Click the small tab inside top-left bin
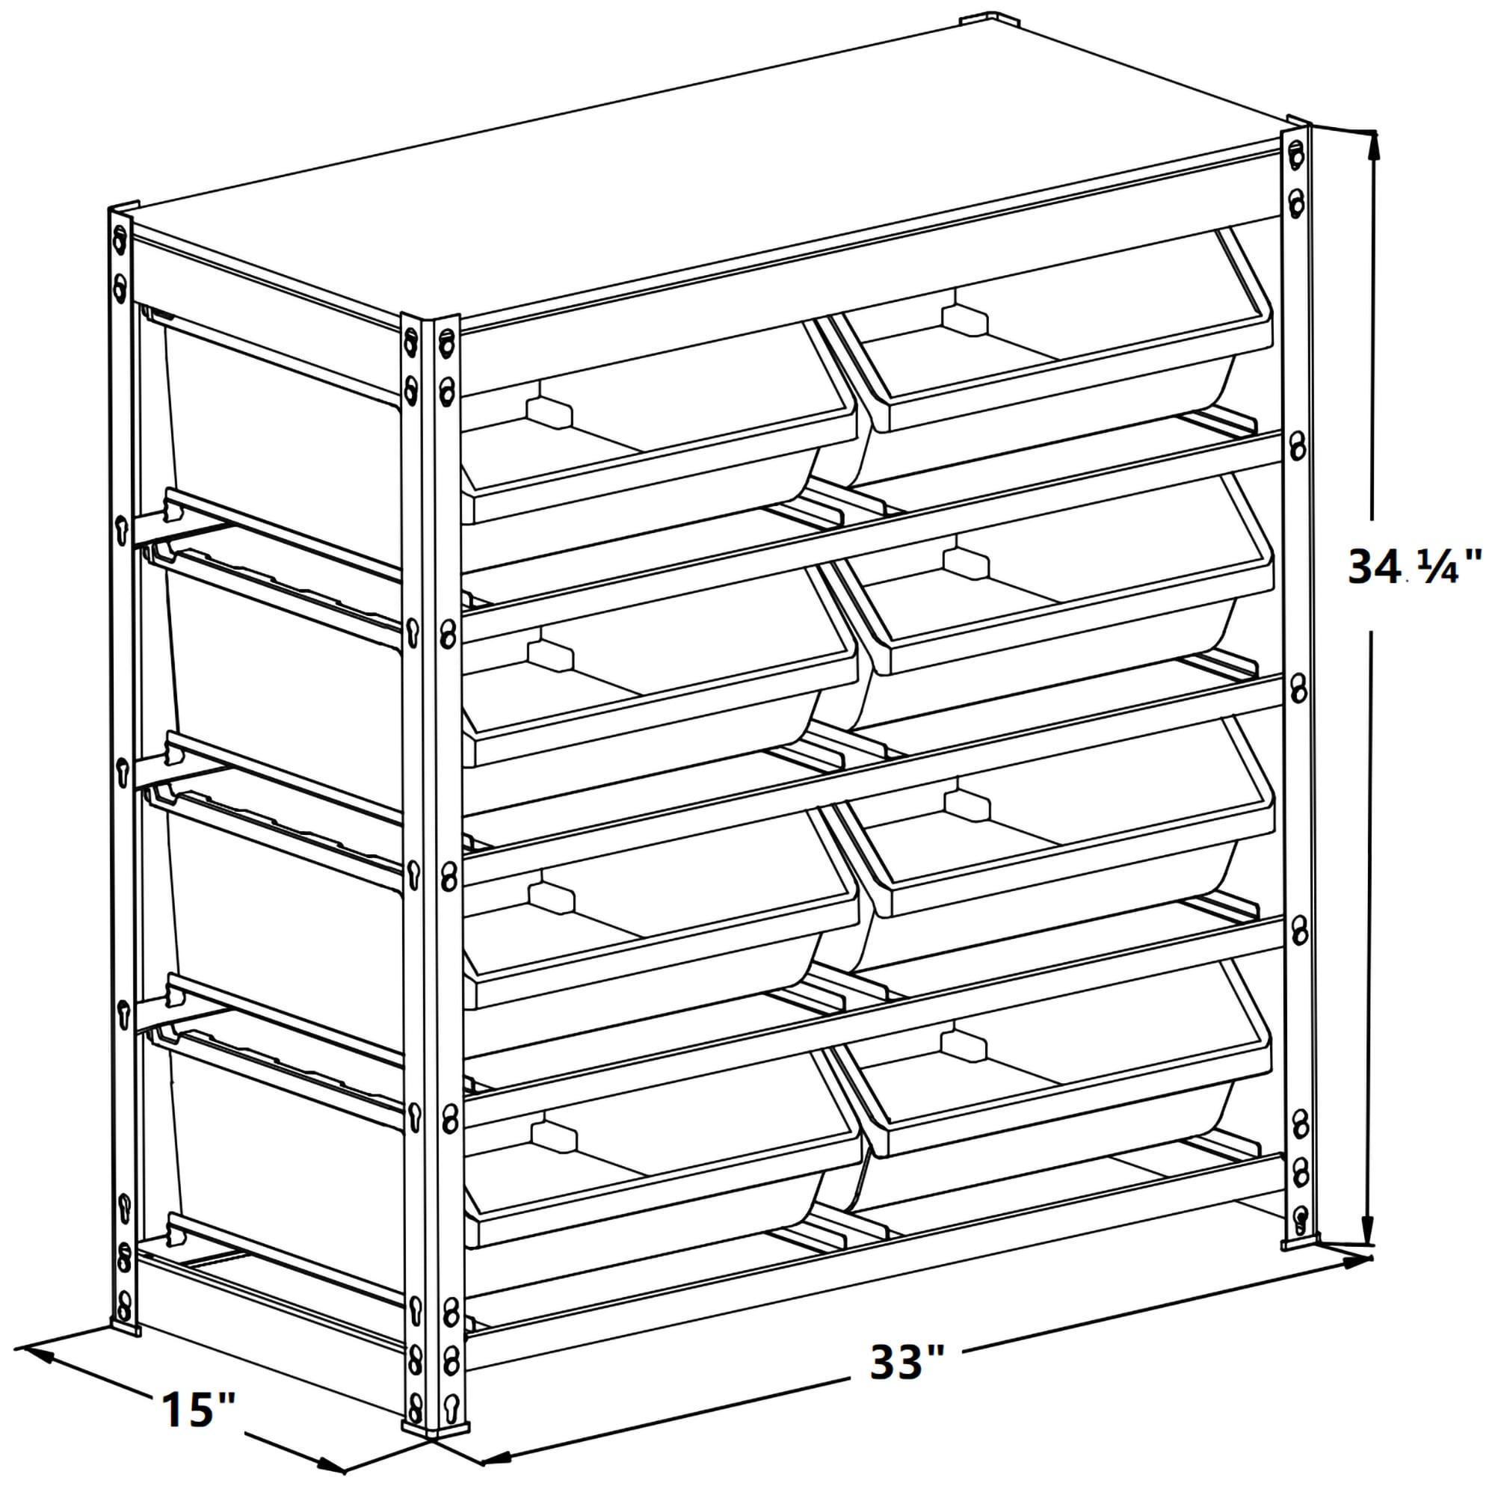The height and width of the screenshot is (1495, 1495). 548,413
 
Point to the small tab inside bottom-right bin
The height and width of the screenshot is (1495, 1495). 963,1046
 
